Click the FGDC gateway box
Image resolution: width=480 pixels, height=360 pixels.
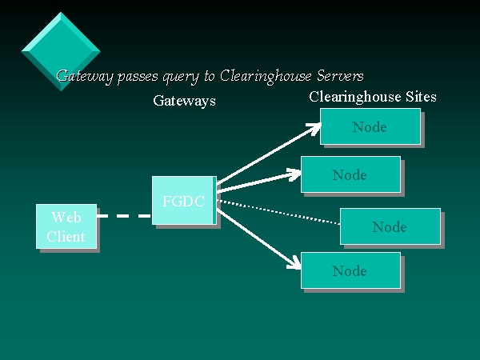click(183, 201)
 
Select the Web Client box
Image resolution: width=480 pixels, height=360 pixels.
click(66, 227)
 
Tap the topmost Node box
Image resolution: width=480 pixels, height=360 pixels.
click(370, 126)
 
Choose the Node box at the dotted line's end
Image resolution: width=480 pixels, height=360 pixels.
click(390, 226)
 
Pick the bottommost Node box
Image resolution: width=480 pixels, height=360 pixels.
click(350, 270)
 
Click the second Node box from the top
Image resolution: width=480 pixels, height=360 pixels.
click(350, 174)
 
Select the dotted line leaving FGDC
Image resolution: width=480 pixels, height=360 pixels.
click(280, 212)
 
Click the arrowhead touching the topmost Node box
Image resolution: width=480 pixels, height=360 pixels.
click(314, 126)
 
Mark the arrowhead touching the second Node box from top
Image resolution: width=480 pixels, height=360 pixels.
click(294, 173)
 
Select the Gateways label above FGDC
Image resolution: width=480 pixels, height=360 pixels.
click(184, 101)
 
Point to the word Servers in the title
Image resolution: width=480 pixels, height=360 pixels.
click(341, 76)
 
